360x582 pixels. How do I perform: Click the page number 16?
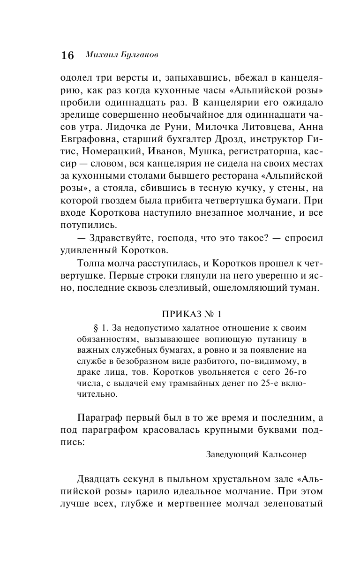(x=67, y=55)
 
